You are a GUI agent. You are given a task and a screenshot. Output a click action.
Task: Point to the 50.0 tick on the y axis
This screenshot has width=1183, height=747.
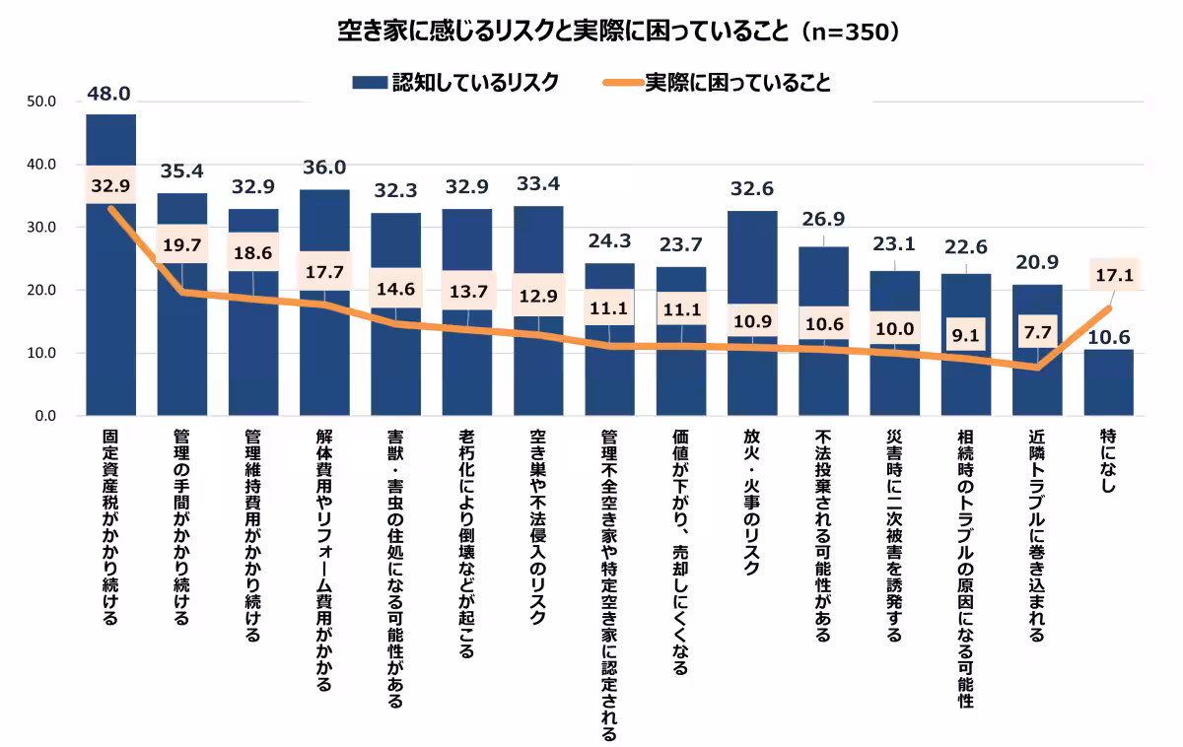tap(43, 102)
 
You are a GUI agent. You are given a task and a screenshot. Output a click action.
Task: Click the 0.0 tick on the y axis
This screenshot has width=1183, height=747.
tap(46, 416)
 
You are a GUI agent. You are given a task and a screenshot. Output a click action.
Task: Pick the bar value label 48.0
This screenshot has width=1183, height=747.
tap(109, 95)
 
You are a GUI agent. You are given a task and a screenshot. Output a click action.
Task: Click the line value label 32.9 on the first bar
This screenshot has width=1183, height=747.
tap(110, 184)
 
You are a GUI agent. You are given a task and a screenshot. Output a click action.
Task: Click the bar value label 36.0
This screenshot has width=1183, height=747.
tap(323, 169)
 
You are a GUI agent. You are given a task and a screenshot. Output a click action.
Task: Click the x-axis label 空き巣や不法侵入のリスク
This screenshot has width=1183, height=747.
tap(537, 525)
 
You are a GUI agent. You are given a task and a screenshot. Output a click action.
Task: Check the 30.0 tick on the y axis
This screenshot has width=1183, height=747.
tap(43, 228)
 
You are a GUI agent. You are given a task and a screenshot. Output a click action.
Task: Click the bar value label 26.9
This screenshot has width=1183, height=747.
tap(822, 219)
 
